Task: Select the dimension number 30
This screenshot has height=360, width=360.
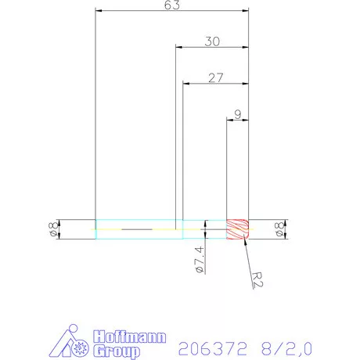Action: pyautogui.click(x=211, y=41)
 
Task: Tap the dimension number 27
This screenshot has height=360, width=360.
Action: pyautogui.click(x=216, y=77)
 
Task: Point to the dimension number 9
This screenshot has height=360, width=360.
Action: pyautogui.click(x=237, y=113)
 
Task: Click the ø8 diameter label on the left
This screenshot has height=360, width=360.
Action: pyautogui.click(x=53, y=229)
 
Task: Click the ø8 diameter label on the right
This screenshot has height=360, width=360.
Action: pyautogui.click(x=279, y=229)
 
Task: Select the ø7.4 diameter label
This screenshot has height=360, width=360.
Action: pyautogui.click(x=199, y=259)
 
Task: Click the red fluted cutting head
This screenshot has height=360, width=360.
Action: pyautogui.click(x=238, y=229)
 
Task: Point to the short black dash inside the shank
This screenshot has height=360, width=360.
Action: pyautogui.click(x=138, y=229)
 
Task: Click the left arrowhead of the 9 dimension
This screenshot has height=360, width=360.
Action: pyautogui.click(x=229, y=121)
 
